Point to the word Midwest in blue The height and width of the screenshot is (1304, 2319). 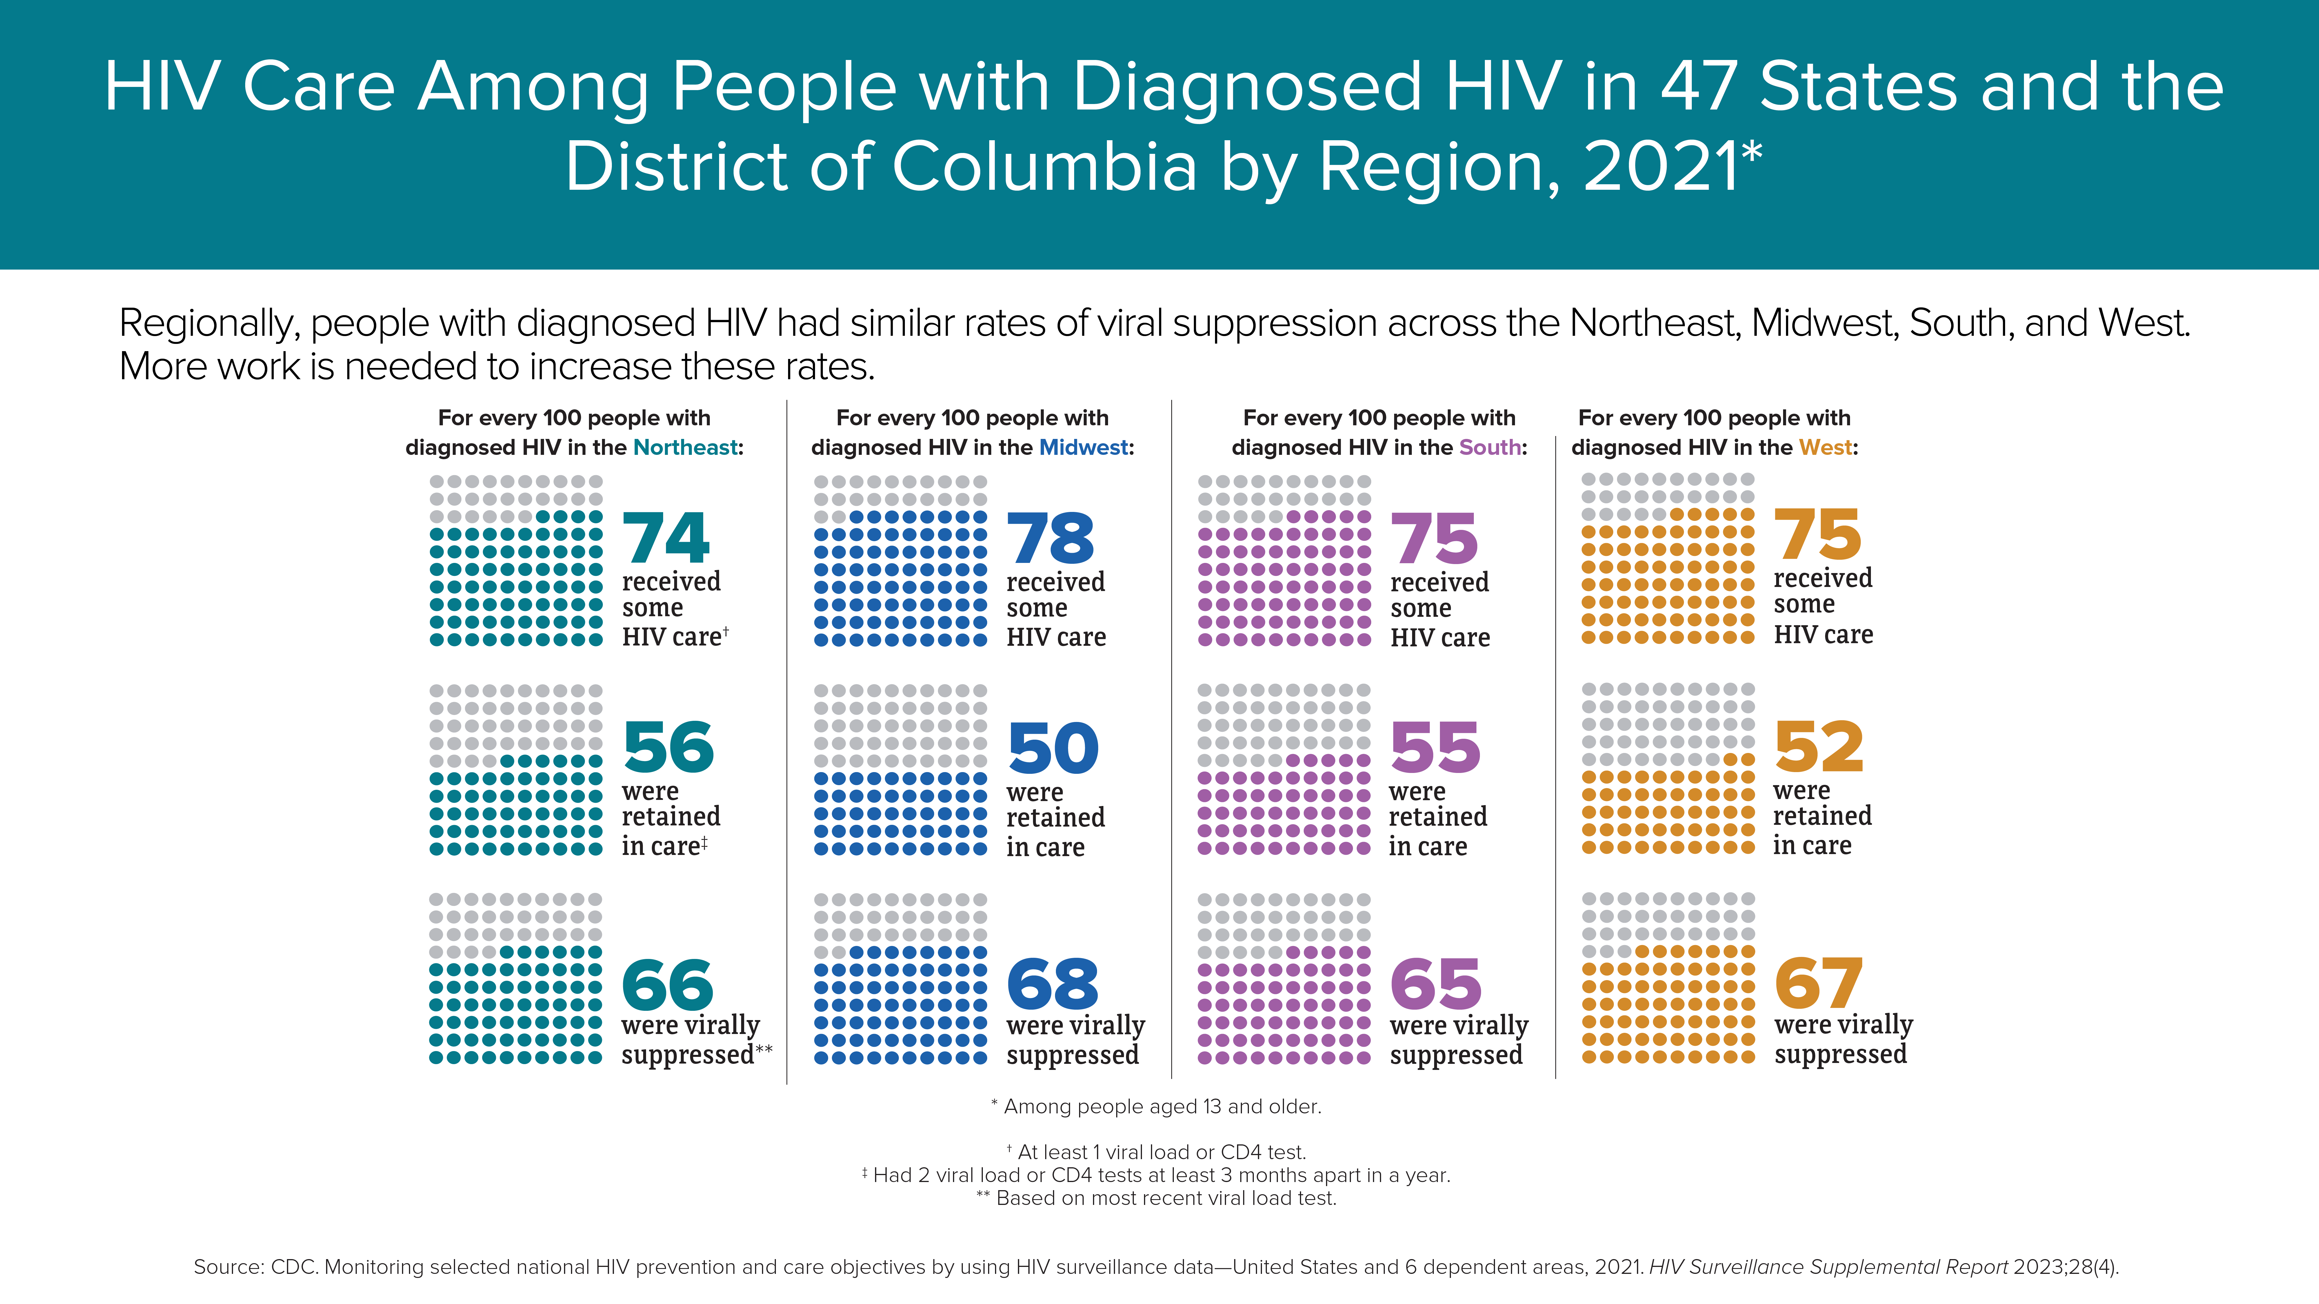coord(1084,447)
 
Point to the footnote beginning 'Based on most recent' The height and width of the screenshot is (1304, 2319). coord(1157,1198)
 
